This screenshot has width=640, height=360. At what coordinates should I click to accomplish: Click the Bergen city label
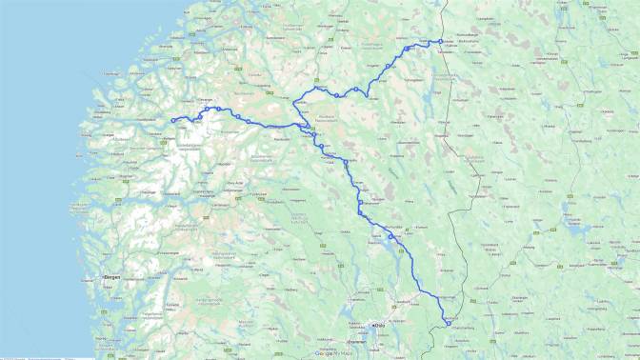[x=112, y=277]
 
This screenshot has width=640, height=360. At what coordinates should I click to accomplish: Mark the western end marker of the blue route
[x=173, y=120]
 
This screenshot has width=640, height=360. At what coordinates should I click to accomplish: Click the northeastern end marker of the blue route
[x=441, y=41]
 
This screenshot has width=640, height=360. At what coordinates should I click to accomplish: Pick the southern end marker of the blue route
[x=448, y=325]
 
